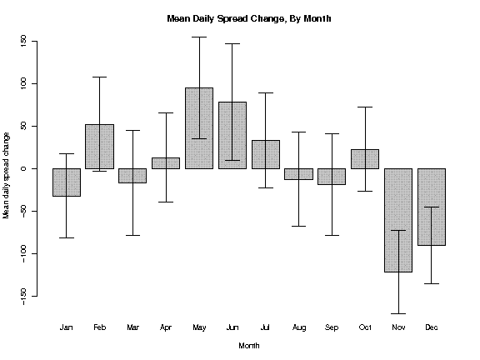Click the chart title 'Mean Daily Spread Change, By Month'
pos(249,18)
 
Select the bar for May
pos(199,128)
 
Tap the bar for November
pos(398,220)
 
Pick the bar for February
pos(99,147)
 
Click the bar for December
pos(432,207)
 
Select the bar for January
pos(67,182)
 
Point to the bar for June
pos(232,135)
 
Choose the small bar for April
pos(166,163)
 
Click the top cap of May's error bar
pos(200,37)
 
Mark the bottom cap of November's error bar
pos(398,313)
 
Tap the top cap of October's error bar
pos(365,107)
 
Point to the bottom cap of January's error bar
pos(67,237)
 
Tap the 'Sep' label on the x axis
pos(332,327)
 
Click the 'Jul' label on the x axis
pos(265,327)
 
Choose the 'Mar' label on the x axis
pos(132,327)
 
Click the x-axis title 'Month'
pos(249,346)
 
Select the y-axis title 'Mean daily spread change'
pos(6,176)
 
